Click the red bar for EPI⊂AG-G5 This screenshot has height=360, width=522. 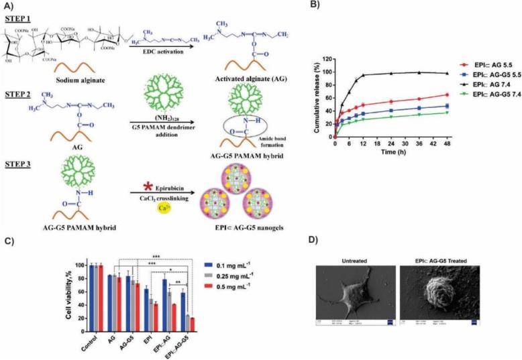(x=193, y=319)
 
